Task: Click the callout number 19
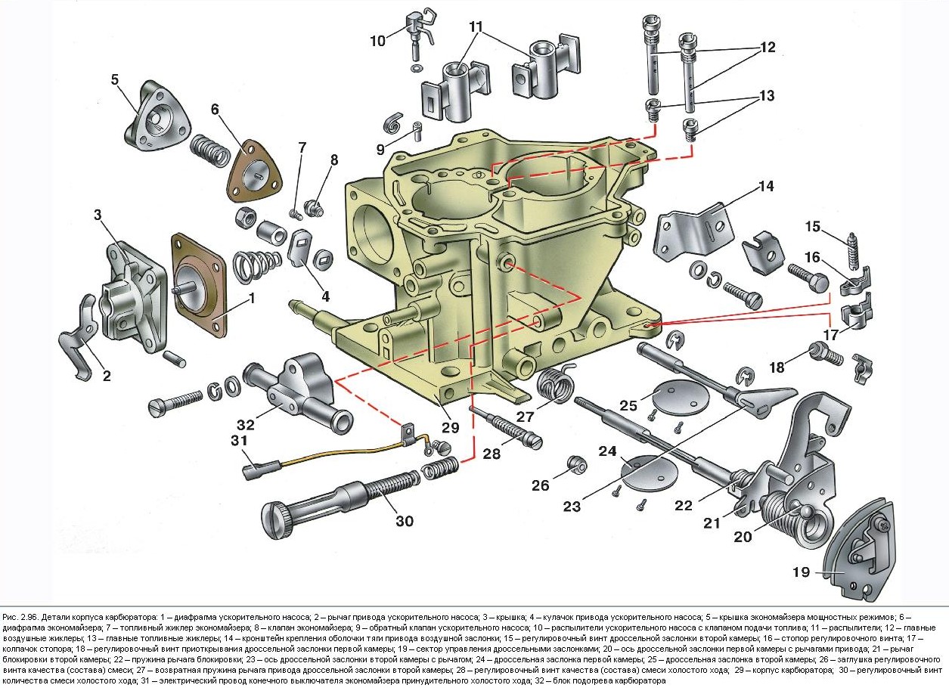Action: (802, 572)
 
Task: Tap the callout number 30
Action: (405, 520)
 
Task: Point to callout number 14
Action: (767, 186)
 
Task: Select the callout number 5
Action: (115, 79)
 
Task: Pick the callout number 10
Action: (378, 40)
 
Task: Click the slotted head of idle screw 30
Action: (274, 521)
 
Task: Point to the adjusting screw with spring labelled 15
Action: (853, 252)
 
